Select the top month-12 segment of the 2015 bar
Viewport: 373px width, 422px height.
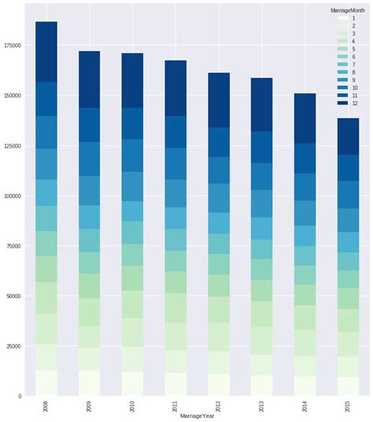click(x=348, y=136)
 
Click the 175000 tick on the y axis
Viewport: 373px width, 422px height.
click(x=12, y=45)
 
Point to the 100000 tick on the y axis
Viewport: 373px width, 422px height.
click(x=12, y=196)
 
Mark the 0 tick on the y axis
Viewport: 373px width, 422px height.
click(x=20, y=396)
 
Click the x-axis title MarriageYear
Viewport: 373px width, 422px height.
click(x=197, y=416)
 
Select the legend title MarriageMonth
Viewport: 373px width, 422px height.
click(x=347, y=9)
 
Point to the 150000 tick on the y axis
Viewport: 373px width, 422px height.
click(x=12, y=95)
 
